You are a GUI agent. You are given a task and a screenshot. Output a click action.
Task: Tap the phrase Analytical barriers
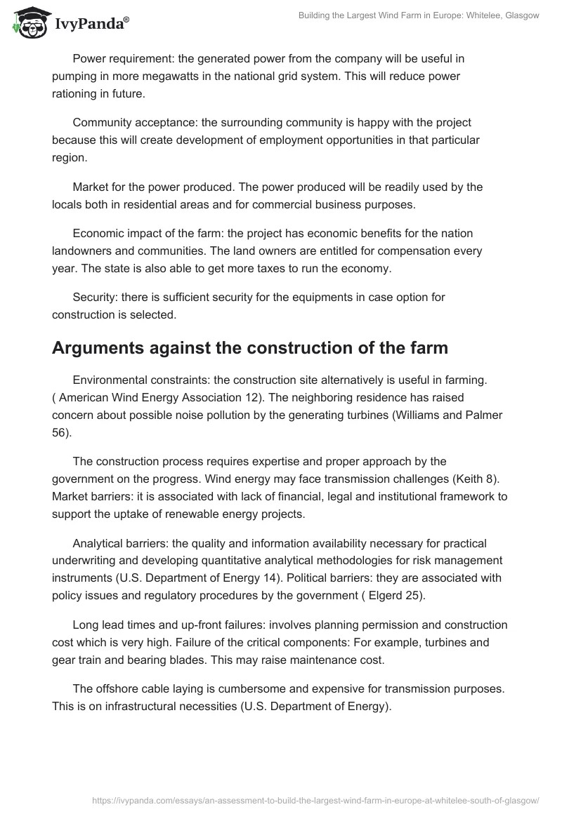click(122, 543)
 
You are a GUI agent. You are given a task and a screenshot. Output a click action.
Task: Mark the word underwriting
click(87, 561)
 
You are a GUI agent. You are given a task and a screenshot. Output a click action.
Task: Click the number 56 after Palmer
click(60, 432)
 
